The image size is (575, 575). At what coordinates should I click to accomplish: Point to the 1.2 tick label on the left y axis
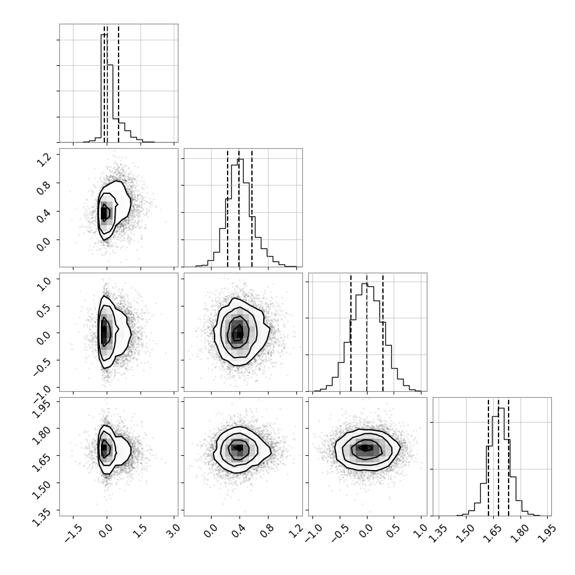(44, 159)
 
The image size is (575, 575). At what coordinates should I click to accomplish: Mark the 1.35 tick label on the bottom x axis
(437, 533)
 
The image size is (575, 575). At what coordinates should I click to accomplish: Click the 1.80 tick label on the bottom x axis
(520, 533)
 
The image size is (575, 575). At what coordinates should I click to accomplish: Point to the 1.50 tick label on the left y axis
(41, 489)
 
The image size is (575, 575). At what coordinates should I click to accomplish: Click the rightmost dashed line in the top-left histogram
(119, 83)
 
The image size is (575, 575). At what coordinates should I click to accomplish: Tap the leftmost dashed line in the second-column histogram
(228, 207)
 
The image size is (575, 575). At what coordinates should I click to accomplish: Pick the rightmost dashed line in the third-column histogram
(383, 332)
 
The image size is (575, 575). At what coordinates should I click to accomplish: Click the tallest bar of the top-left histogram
(104, 88)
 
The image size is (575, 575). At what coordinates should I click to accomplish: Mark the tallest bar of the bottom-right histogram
(501, 462)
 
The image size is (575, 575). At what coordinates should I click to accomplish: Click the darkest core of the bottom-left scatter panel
(104, 448)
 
